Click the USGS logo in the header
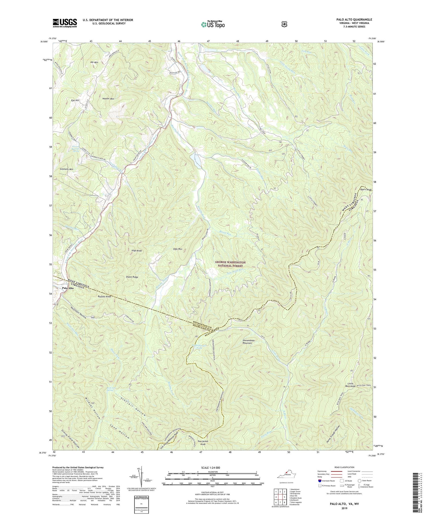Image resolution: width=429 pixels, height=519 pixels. (65, 23)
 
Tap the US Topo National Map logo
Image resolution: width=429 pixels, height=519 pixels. (213, 24)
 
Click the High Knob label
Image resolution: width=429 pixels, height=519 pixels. (137, 250)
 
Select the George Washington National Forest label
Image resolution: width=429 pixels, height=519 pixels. (230, 264)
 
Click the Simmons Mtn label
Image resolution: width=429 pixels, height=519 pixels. (66, 169)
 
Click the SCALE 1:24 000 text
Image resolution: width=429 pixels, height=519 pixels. (213, 467)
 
